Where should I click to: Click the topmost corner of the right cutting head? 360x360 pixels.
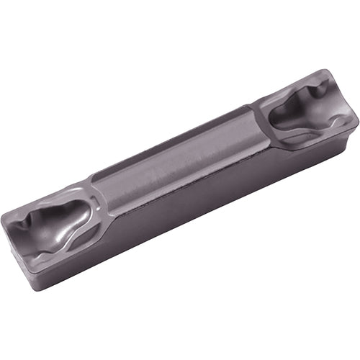pyautogui.click(x=328, y=71)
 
